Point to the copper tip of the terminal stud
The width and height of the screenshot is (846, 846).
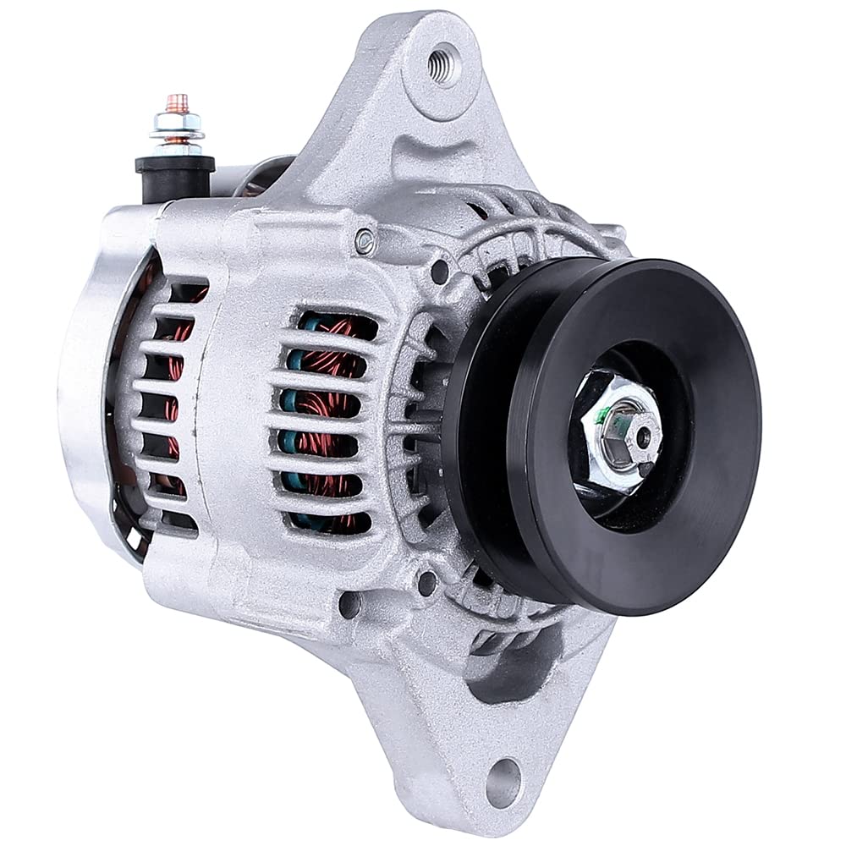177,101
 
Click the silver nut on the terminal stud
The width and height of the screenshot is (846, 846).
176,127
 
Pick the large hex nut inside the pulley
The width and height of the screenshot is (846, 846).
622,431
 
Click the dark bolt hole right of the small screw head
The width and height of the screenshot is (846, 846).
440,272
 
